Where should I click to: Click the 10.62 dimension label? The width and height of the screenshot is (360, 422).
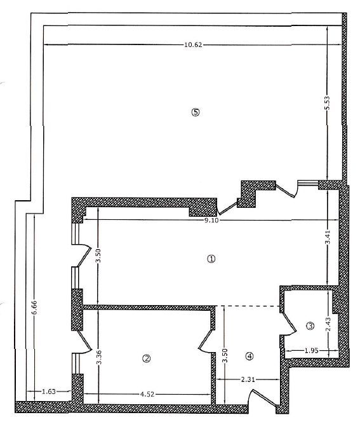point(193,44)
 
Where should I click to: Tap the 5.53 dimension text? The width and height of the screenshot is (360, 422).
point(327,103)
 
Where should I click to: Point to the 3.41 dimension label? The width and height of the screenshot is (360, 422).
point(328,237)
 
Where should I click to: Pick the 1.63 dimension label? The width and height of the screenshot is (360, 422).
point(49,391)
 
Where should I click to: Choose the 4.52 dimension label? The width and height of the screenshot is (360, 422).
point(147,394)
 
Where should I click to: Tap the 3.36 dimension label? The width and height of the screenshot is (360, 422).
point(99,357)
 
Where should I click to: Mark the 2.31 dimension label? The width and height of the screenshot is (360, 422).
point(248,379)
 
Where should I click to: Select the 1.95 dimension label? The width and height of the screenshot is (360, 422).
point(312,350)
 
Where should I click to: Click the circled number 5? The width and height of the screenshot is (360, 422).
point(196,112)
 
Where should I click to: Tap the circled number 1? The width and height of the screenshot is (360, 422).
point(211,259)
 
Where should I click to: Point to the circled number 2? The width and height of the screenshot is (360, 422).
point(147,358)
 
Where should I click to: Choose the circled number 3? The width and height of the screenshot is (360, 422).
point(310,326)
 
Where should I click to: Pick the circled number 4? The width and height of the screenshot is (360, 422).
point(250,357)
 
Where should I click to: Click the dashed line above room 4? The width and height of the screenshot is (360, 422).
point(248,306)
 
